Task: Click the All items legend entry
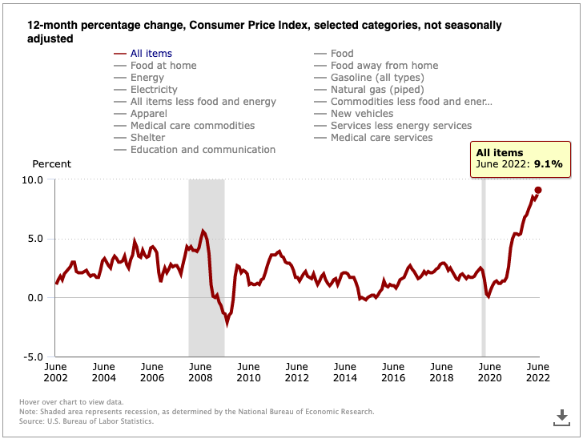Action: coord(151,54)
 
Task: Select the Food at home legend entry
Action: coord(163,66)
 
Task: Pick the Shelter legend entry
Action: coord(148,138)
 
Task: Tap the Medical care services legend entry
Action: coord(381,138)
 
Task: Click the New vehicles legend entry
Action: coord(362,114)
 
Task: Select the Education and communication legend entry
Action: coord(203,150)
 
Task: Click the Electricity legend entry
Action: coord(154,90)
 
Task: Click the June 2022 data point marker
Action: coord(538,190)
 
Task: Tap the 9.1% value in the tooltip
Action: coord(549,164)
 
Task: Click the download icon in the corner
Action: coord(562,417)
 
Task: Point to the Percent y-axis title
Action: coord(51,164)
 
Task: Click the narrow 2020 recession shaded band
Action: coord(483,264)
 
